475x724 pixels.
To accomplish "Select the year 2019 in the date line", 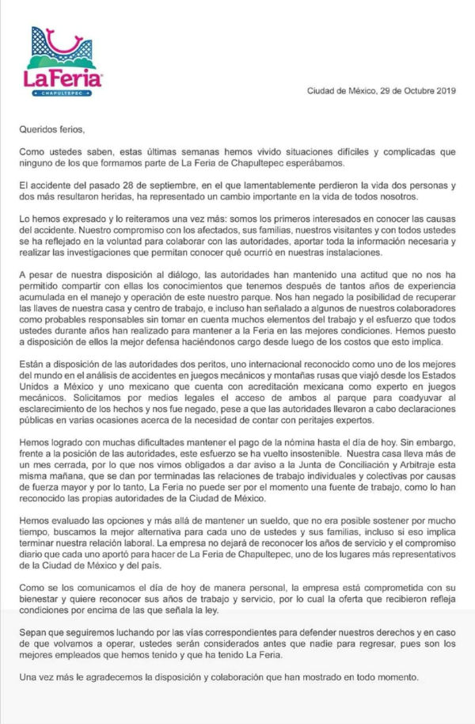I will [443, 91].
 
